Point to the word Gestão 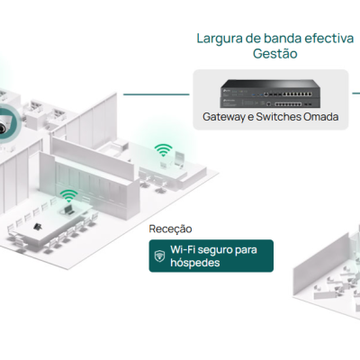coord(273,55)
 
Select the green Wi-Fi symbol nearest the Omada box coord(163,149)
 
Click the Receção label coord(170,229)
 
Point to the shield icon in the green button coord(160,256)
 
